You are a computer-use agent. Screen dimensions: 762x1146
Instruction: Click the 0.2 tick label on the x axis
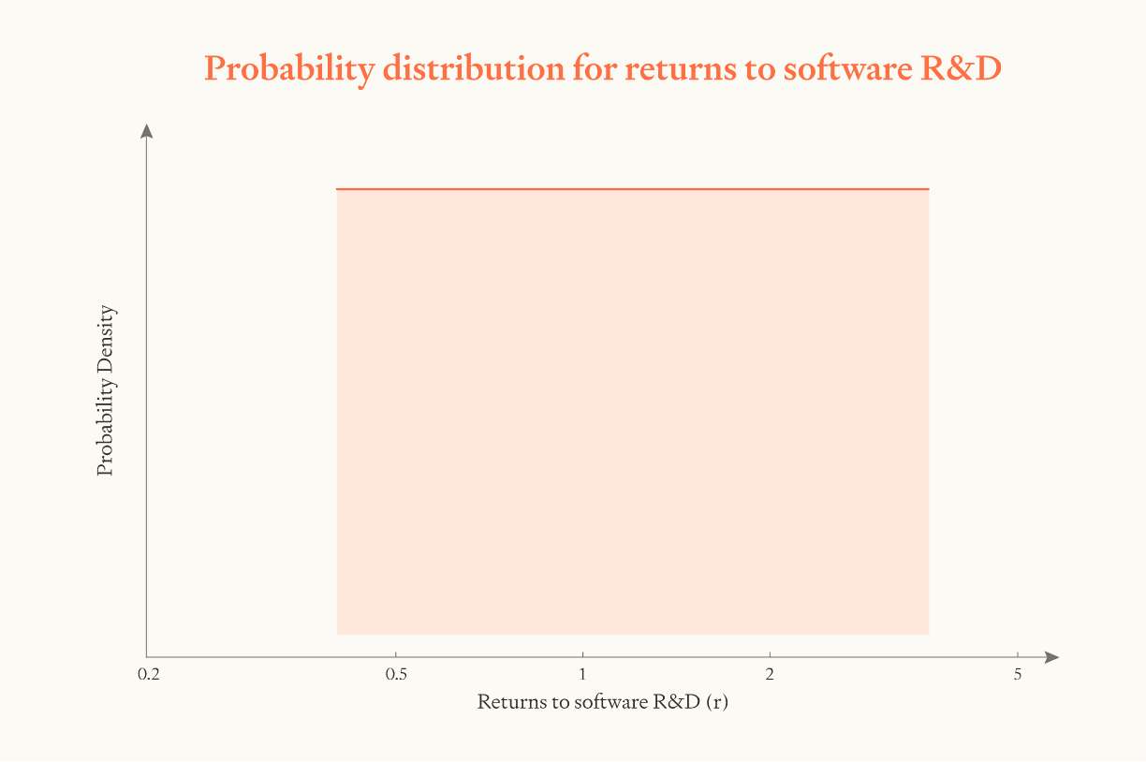pyautogui.click(x=147, y=675)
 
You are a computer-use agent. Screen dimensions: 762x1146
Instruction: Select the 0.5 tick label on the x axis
pyautogui.click(x=396, y=675)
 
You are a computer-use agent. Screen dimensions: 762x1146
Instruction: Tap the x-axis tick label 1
pyautogui.click(x=582, y=675)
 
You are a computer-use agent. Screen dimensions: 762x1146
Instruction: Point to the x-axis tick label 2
pyautogui.click(x=770, y=675)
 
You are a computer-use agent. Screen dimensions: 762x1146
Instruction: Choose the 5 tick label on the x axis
pyautogui.click(x=1017, y=675)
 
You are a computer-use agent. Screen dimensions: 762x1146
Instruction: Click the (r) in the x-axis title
pyautogui.click(x=717, y=702)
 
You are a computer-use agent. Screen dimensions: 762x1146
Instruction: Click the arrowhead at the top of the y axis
pyautogui.click(x=146, y=131)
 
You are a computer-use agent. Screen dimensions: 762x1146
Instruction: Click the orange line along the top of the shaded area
pyautogui.click(x=633, y=189)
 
